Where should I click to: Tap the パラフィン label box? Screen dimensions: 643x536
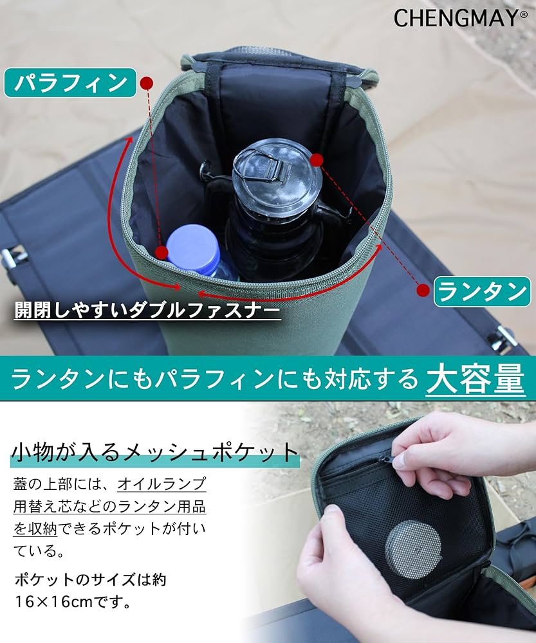tap(70, 82)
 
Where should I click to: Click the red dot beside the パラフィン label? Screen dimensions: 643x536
tap(147, 83)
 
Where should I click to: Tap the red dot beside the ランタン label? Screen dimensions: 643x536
tap(423, 291)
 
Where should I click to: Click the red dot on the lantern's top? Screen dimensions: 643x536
tap(315, 159)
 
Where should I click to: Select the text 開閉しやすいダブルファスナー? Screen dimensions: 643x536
tap(147, 311)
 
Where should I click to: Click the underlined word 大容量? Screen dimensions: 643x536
tap(475, 380)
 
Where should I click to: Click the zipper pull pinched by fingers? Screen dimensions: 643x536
tap(389, 459)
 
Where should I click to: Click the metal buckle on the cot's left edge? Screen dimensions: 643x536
tap(12, 257)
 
